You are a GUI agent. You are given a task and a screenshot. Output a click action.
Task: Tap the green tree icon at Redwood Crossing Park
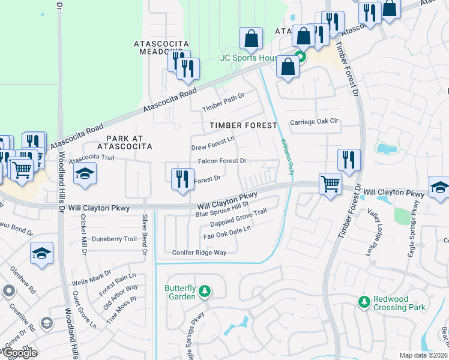coord(363,301)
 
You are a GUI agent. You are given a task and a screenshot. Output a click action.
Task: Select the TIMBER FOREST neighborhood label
coord(243,125)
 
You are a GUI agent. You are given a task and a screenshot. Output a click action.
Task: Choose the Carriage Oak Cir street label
coord(315,122)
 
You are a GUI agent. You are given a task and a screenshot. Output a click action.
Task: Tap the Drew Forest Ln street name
coord(212,147)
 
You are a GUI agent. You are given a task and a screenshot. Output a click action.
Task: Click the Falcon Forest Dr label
coord(222,161)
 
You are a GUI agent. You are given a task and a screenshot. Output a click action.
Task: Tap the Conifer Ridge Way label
coord(199,253)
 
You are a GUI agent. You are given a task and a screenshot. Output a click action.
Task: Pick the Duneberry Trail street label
coord(115,238)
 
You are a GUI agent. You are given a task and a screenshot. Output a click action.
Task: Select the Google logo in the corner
coord(19,352)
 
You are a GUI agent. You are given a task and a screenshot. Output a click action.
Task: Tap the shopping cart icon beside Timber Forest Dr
coord(330,182)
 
